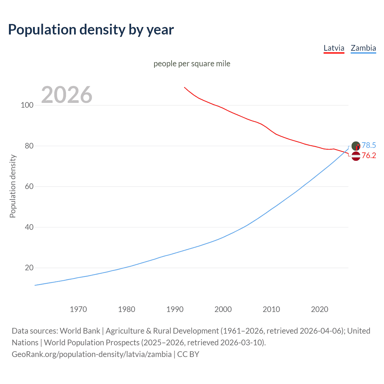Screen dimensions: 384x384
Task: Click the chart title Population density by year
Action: coord(91,30)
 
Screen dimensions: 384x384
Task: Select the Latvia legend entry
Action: coord(334,48)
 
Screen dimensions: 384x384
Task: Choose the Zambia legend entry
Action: coord(363,48)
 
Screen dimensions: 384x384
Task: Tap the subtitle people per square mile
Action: coord(192,64)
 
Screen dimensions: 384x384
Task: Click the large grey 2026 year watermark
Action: coord(67,95)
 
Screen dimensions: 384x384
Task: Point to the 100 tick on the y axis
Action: coord(27,105)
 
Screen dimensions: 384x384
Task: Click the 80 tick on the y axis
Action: coord(29,146)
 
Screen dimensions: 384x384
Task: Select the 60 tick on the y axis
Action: coord(29,187)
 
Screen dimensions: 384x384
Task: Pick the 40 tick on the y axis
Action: coord(29,227)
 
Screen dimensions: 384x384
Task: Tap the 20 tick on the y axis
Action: coord(29,268)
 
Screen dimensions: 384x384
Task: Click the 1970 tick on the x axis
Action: coord(78,309)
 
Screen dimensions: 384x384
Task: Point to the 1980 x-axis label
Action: coord(127,309)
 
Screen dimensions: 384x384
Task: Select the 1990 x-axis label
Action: coord(175,309)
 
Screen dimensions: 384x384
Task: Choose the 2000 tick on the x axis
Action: coord(223,309)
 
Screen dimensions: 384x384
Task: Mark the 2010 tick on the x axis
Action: coord(271,309)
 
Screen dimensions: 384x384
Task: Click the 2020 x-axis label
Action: coord(320,309)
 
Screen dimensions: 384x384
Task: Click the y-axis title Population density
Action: coord(13,186)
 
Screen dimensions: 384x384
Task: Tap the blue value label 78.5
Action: coord(369,145)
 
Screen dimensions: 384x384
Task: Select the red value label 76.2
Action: coord(369,155)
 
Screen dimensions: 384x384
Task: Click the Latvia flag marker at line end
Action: coord(356,156)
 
